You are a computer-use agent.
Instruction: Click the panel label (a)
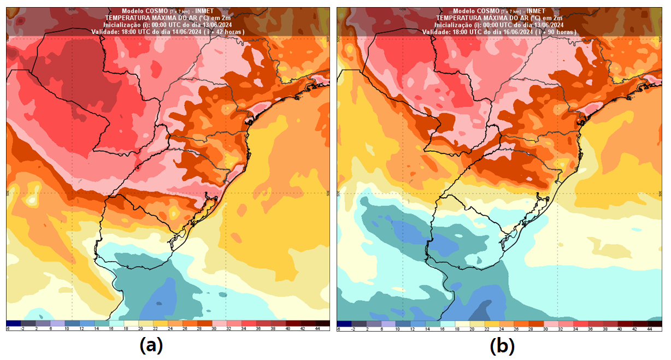click(151, 346)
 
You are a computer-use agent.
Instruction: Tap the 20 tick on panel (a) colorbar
click(141, 329)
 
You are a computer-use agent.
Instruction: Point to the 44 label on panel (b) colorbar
click(649, 329)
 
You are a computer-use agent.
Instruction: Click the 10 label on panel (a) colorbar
click(67, 329)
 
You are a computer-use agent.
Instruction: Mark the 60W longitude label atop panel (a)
click(71, 9)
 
